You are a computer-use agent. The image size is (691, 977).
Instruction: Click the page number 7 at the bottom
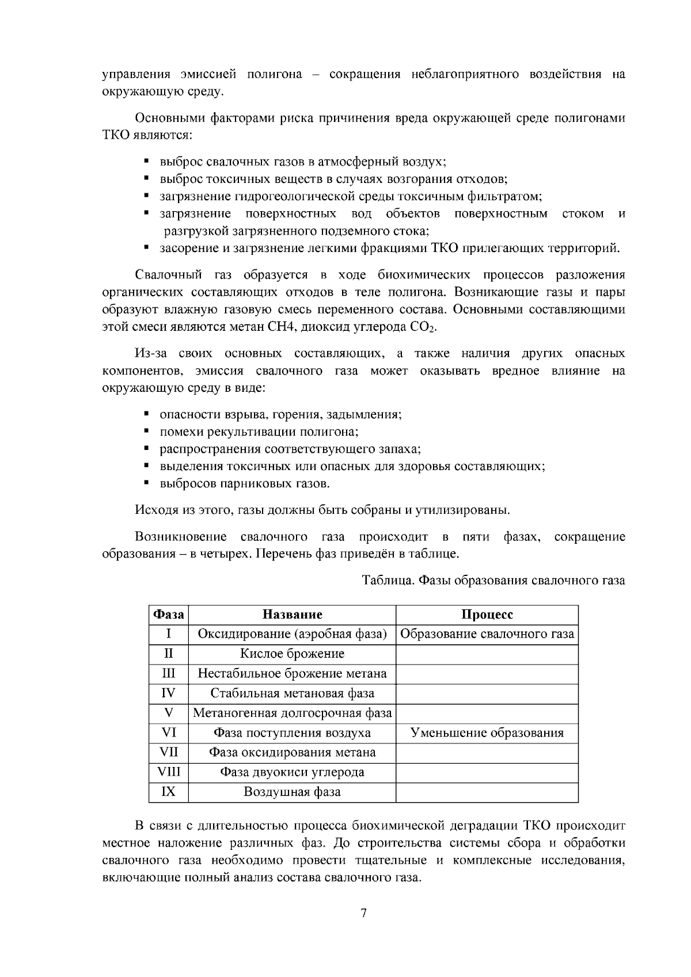pos(363,914)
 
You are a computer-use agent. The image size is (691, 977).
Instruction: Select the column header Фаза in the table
pos(169,615)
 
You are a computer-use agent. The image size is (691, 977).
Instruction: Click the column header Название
pos(292,615)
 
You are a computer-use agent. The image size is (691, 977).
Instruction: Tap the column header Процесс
pos(487,615)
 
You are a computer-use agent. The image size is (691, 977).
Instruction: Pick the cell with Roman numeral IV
pos(169,693)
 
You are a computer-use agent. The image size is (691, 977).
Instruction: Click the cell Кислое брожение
pos(292,654)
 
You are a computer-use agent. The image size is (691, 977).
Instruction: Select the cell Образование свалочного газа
pos(487,634)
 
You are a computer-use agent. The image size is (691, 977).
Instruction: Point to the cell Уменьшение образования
pos(487,733)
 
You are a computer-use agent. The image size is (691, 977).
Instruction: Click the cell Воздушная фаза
pos(292,792)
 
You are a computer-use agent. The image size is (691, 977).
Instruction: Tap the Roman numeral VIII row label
pos(169,772)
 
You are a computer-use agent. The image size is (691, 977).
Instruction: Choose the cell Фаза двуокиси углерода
pos(292,772)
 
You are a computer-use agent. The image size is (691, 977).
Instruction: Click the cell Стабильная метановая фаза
pos(292,693)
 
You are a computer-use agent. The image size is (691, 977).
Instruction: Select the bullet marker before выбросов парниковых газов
pos(147,483)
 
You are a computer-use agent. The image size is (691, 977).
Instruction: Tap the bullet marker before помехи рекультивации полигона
pos(147,431)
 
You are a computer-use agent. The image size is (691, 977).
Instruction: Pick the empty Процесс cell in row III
pos(487,674)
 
